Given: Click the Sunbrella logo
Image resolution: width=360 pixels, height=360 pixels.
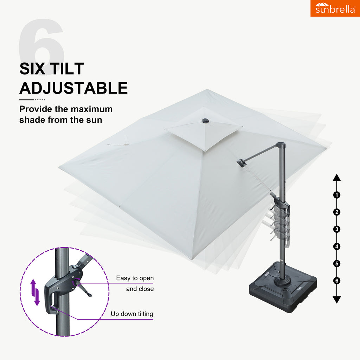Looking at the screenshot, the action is pyautogui.click(x=335, y=8).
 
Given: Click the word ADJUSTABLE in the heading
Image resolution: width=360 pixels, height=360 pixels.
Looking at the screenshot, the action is pyautogui.click(x=73, y=88).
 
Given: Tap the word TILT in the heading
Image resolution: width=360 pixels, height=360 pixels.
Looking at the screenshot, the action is pyautogui.click(x=67, y=69).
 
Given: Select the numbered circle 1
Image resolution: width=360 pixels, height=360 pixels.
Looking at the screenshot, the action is pyautogui.click(x=336, y=195).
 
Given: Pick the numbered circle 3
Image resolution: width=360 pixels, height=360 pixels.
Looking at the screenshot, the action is pyautogui.click(x=336, y=229).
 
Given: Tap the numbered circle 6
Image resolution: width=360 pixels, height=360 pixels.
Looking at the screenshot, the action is pyautogui.click(x=336, y=281).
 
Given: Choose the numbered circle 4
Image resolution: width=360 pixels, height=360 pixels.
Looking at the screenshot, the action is pyautogui.click(x=336, y=246).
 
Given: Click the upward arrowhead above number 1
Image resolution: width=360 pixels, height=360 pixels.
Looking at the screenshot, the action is pyautogui.click(x=336, y=178).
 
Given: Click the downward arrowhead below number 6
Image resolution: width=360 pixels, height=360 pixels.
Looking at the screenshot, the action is pyautogui.click(x=336, y=300).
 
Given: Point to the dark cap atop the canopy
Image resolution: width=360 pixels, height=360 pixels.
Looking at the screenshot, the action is pyautogui.click(x=205, y=121).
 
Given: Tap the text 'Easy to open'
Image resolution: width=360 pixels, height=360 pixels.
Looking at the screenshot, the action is pyautogui.click(x=135, y=278).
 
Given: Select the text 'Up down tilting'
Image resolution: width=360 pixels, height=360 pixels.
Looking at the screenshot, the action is pyautogui.click(x=132, y=314).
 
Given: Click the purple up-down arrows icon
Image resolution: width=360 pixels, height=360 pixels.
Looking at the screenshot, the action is pyautogui.click(x=35, y=292).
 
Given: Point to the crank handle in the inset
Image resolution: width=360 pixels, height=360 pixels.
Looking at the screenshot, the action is pyautogui.click(x=83, y=288).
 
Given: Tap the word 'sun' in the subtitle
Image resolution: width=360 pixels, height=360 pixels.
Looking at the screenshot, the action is pyautogui.click(x=94, y=120).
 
